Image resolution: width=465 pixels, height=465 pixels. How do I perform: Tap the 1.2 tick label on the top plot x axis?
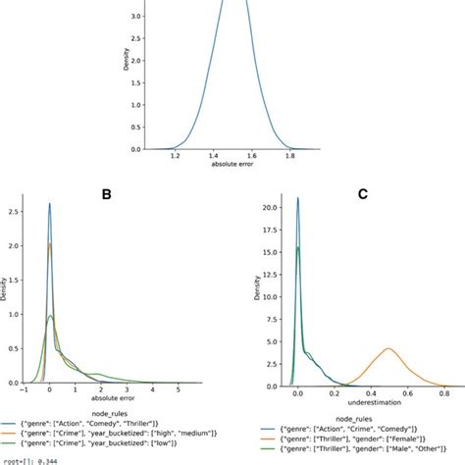click(177, 156)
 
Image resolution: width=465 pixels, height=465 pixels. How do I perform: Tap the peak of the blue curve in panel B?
click(49, 204)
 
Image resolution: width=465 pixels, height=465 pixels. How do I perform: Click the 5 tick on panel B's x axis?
click(178, 388)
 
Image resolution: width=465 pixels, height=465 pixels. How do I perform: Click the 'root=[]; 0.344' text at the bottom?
click(28, 459)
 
